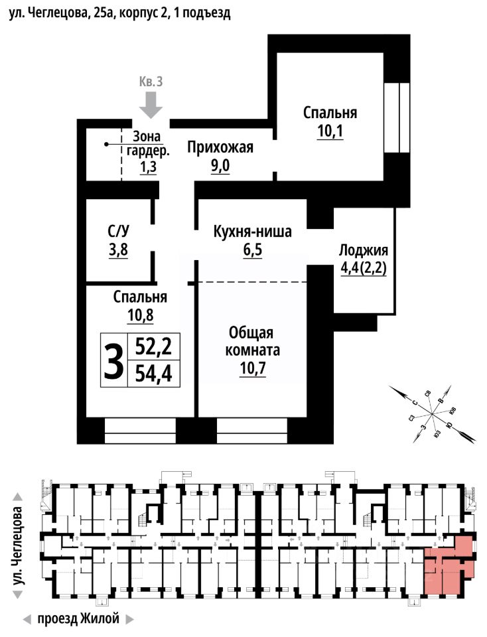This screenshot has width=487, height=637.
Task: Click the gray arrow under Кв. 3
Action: click(x=152, y=104)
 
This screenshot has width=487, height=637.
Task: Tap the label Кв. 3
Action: click(x=151, y=82)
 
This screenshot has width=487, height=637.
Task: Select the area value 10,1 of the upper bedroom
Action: click(x=330, y=130)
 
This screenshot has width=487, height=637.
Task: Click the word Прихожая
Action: click(x=220, y=147)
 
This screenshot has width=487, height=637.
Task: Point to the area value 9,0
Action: click(x=220, y=166)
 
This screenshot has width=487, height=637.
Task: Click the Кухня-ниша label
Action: click(x=252, y=232)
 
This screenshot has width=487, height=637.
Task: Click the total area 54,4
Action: click(x=153, y=374)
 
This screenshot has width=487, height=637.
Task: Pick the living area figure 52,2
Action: click(x=153, y=346)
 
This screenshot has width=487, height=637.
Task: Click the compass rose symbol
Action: click(x=432, y=414)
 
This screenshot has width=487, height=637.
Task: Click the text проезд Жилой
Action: click(x=78, y=619)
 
